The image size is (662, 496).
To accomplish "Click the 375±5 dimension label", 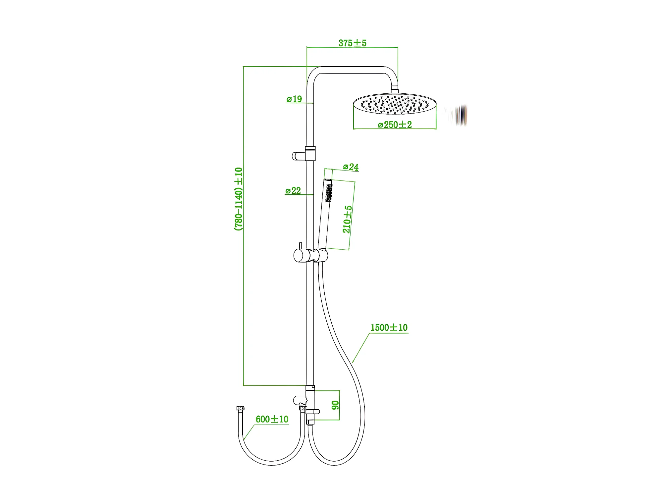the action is [352, 43].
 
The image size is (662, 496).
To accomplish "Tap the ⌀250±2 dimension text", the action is [395, 125].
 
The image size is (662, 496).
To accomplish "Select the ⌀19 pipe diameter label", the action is [294, 99].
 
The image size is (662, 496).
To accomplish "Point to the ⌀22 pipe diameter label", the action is [293, 191].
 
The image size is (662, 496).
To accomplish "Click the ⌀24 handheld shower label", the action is [351, 167].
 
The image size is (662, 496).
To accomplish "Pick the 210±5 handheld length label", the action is [347, 219].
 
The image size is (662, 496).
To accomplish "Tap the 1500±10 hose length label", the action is [389, 328].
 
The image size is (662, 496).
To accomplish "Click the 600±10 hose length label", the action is [272, 419].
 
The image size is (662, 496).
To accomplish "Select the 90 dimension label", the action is [335, 405].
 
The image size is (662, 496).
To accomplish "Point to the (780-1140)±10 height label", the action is [239, 199].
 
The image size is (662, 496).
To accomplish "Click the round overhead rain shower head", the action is [395, 104].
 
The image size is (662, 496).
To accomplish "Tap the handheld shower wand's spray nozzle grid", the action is [329, 193].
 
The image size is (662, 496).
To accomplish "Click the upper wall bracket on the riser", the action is [303, 154].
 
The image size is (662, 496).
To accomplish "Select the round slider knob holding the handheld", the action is [302, 256].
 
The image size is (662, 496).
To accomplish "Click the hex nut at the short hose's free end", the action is [241, 408].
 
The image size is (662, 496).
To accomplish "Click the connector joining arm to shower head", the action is [395, 90].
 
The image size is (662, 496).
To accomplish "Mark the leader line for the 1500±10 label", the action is [361, 348].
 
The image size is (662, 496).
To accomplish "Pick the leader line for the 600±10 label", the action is [249, 432].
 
